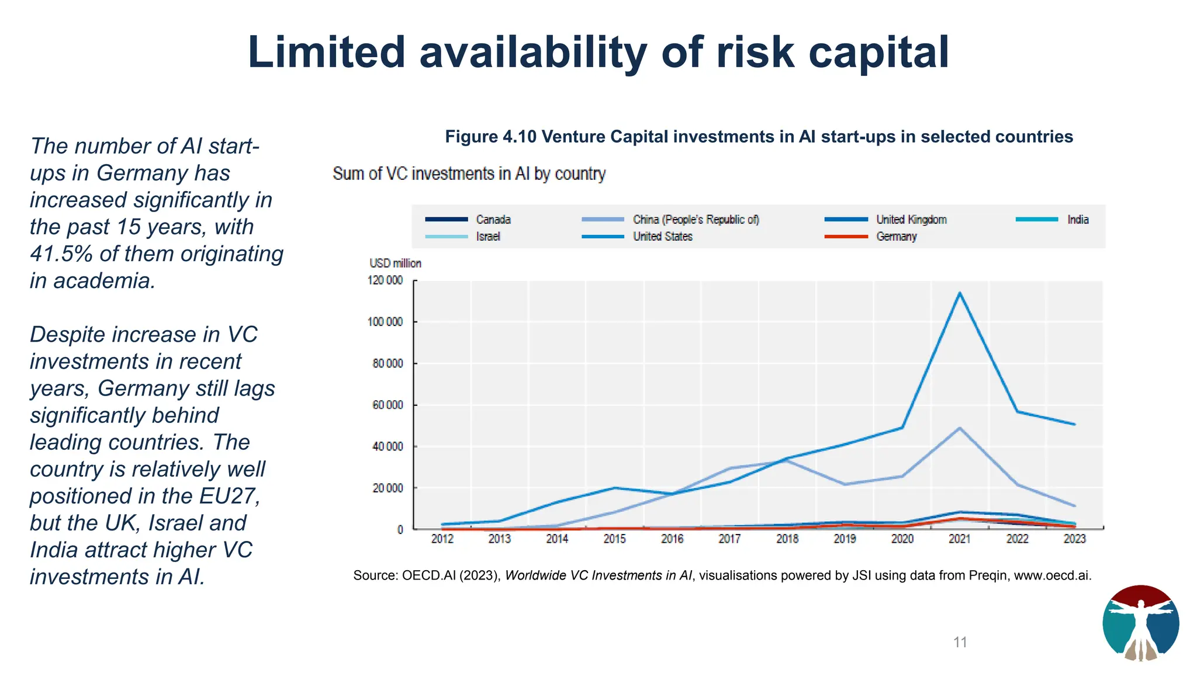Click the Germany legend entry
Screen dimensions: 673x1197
896,237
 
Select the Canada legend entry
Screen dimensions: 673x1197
493,220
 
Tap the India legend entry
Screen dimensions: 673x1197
1077,220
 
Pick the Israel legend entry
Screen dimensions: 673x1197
487,237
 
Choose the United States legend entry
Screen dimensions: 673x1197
662,237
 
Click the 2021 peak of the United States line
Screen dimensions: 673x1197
959,293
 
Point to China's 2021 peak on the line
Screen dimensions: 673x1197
959,428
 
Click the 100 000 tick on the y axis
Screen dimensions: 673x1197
385,322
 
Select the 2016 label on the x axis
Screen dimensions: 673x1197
672,539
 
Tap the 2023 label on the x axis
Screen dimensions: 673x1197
1074,539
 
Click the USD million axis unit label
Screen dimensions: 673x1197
395,263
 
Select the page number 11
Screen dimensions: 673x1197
960,642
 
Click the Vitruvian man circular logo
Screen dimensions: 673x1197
1140,623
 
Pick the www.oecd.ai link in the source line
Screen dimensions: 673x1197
1051,575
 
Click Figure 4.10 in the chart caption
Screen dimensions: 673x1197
490,137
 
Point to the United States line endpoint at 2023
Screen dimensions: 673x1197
1074,424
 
